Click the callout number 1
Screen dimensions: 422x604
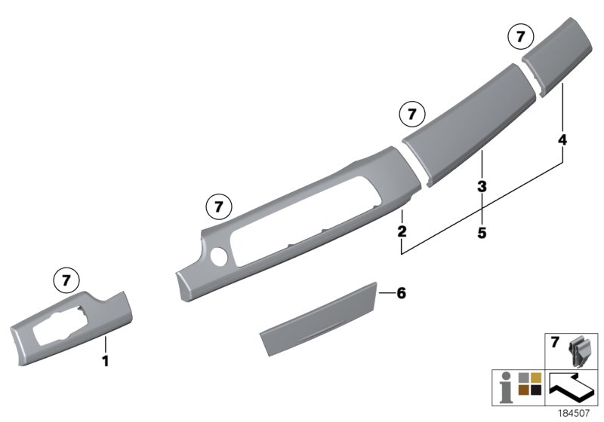[x=106, y=362]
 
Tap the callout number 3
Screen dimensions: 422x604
[x=481, y=185]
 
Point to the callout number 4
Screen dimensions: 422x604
[x=562, y=140]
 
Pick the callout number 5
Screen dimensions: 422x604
[x=481, y=233]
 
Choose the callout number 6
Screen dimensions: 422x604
[x=401, y=293]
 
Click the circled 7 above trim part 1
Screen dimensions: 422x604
[x=66, y=280]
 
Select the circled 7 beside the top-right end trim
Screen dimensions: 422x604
[x=519, y=36]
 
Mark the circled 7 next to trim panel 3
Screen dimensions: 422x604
[x=411, y=115]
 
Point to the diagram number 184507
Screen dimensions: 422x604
[x=577, y=413]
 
